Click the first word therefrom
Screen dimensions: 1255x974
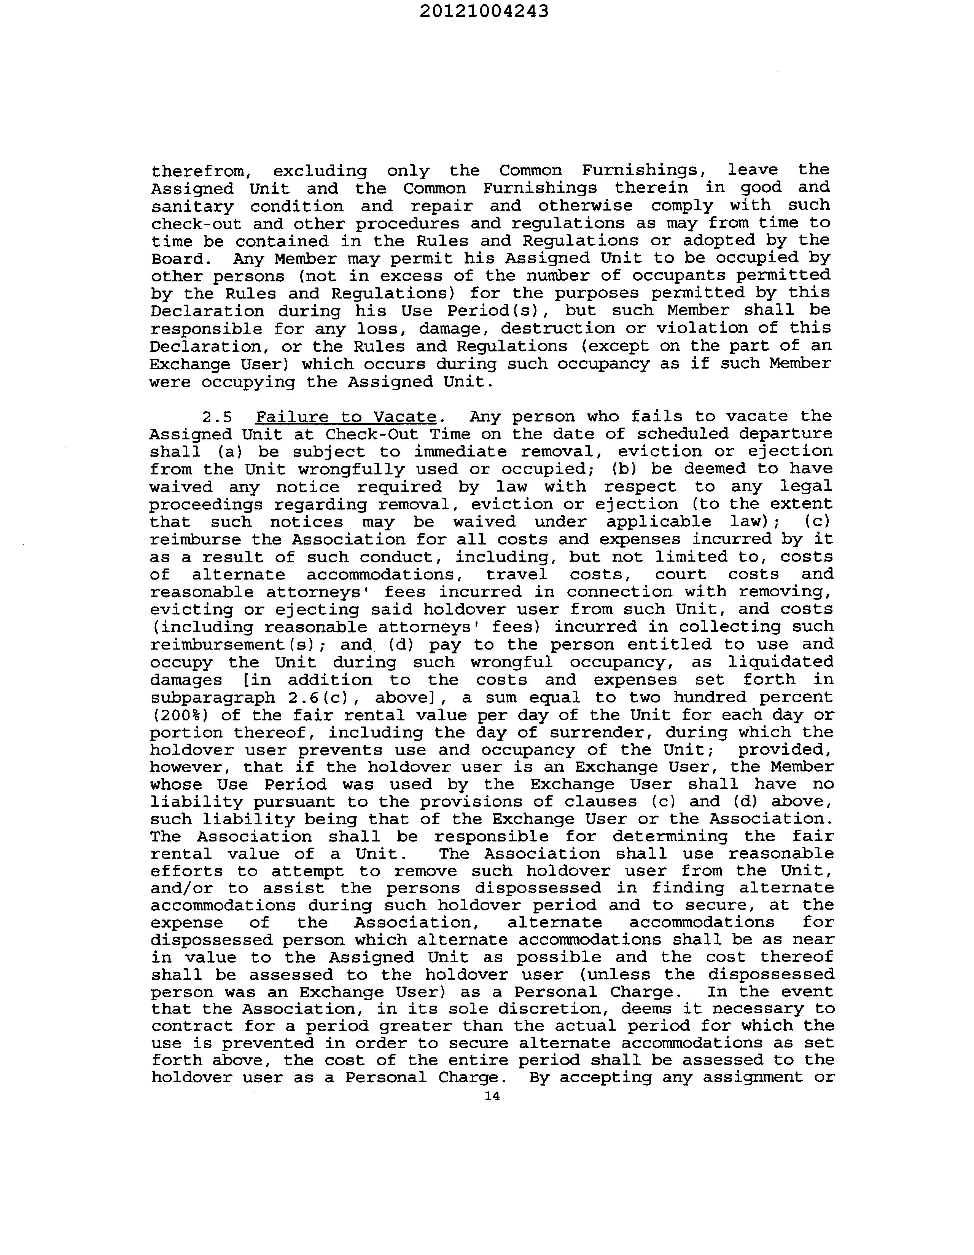[201, 171]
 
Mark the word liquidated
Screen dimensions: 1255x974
[781, 662]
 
